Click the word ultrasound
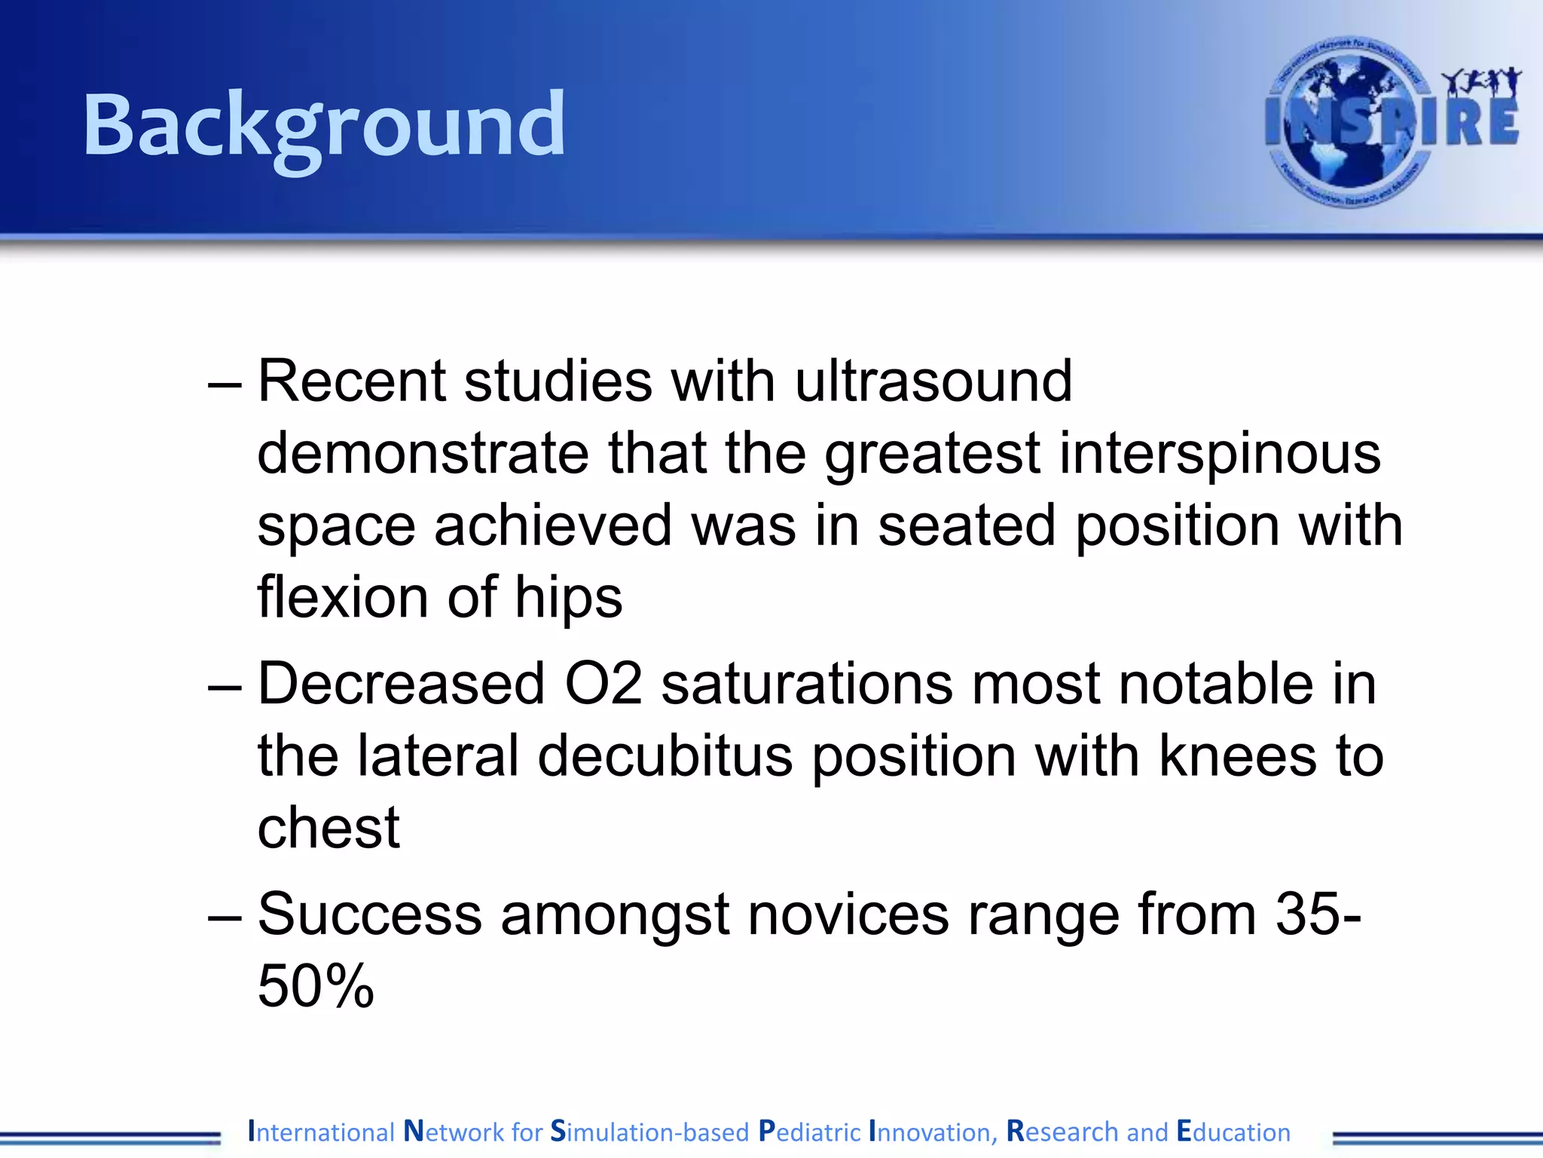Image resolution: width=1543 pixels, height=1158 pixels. [x=933, y=381]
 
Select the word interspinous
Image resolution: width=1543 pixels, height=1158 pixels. [x=1220, y=454]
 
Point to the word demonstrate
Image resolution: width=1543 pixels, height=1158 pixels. [x=423, y=454]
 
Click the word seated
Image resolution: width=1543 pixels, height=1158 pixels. [x=967, y=525]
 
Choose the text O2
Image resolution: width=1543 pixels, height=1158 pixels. [x=603, y=685]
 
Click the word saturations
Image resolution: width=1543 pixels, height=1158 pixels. [x=807, y=685]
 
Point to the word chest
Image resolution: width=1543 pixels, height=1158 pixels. [x=328, y=828]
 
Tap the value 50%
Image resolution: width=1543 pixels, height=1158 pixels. [x=316, y=986]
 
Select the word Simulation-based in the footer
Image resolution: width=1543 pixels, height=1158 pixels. [x=649, y=1132]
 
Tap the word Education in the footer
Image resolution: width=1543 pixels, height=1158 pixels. [x=1233, y=1132]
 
